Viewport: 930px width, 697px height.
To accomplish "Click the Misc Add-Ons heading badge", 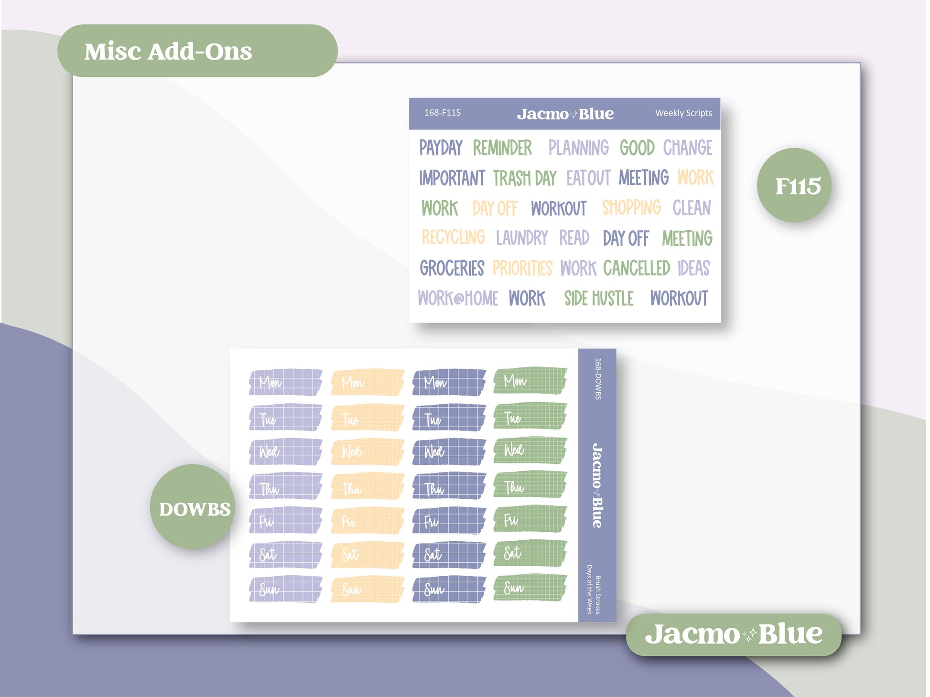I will coord(197,51).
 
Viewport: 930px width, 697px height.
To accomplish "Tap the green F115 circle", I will coord(794,185).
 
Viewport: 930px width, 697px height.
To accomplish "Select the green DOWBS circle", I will coord(193,507).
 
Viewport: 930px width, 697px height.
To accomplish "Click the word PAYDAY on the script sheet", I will coord(441,148).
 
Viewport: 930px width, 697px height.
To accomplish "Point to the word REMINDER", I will coord(502,148).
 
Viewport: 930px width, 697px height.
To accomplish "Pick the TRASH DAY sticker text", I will coord(525,178).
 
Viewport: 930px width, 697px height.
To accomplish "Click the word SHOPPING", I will coord(631,208).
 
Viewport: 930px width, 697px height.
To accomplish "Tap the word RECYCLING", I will coord(453,237).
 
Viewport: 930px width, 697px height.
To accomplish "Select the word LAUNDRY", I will coord(522,237).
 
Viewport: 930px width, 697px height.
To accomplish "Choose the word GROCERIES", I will coord(452,268).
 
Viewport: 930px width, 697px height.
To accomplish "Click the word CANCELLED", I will coord(637,268).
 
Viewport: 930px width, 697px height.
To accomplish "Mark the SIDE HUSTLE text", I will coord(599,299).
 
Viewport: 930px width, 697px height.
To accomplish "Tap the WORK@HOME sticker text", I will coord(458,299).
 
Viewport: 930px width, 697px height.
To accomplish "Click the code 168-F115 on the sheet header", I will coord(443,113).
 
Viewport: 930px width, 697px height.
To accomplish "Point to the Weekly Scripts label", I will coord(683,113).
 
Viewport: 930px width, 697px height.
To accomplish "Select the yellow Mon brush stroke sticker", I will coord(367,382).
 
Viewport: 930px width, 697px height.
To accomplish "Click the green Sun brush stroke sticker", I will coord(530,588).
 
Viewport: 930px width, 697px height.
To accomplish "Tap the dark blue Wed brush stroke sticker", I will coord(449,451).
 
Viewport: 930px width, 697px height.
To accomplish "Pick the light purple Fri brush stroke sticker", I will coord(285,520).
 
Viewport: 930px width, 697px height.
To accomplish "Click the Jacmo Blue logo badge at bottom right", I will coord(734,634).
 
